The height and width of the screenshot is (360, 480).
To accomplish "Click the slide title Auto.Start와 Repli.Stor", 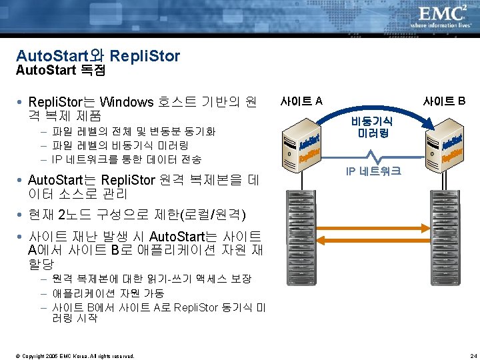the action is coord(97,55).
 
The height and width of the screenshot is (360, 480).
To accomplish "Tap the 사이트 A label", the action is coord(301,101).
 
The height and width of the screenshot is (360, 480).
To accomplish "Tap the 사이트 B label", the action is coord(445,101).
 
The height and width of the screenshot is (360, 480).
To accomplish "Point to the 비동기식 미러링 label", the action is coord(373,127).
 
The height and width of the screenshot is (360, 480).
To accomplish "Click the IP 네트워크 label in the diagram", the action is coord(373,171).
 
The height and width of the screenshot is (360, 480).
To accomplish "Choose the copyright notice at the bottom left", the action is coord(73,355).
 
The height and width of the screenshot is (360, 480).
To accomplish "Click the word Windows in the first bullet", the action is coord(126,102).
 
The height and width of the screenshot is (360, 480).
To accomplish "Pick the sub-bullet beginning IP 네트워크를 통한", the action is coord(127,159).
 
